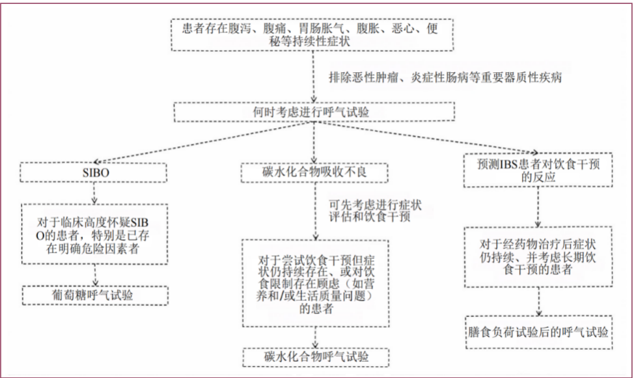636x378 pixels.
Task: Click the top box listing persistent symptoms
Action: (314, 36)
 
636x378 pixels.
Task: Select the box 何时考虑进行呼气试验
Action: (314, 112)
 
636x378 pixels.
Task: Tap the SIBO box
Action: (94, 172)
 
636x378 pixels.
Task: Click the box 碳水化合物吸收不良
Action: (315, 172)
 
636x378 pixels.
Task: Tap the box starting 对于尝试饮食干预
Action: (315, 282)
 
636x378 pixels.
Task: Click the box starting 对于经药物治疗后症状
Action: (539, 256)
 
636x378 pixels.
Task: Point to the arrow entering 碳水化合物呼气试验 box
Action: (315, 337)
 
